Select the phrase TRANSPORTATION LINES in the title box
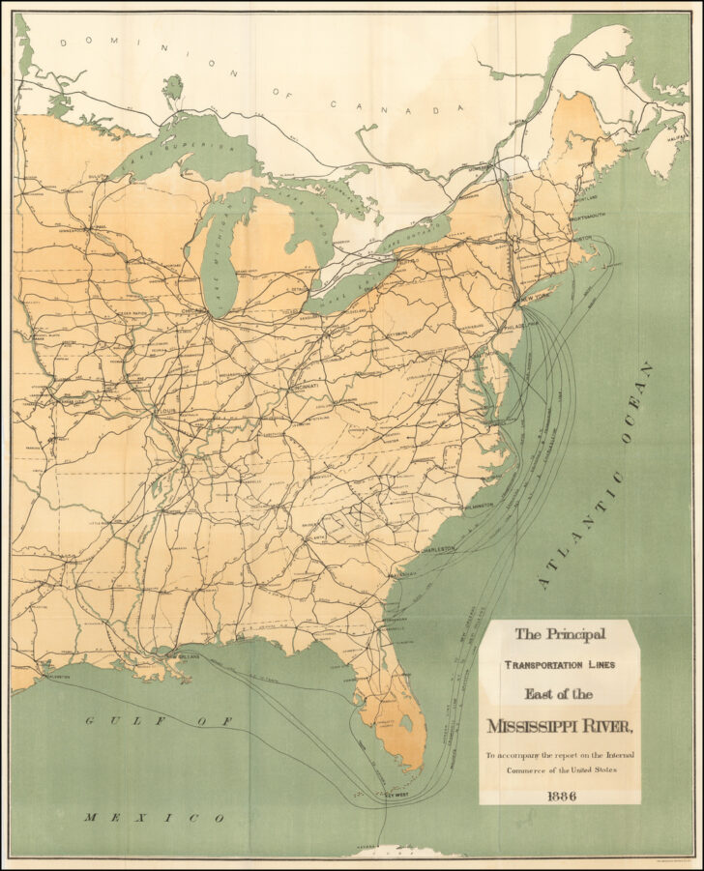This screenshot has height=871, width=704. point(559,665)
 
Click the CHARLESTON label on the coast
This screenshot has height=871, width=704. point(437,548)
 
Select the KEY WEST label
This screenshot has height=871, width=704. point(396,795)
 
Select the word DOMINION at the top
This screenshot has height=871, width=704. point(106,42)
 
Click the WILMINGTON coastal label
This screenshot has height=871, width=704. point(477,505)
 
